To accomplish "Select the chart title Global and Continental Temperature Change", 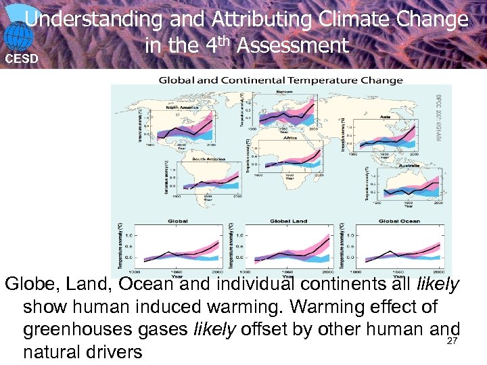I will click(281, 80).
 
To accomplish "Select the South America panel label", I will click(208, 159).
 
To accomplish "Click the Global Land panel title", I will click(289, 221).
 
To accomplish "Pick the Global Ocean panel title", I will click(399, 221).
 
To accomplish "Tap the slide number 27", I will click(453, 341).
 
